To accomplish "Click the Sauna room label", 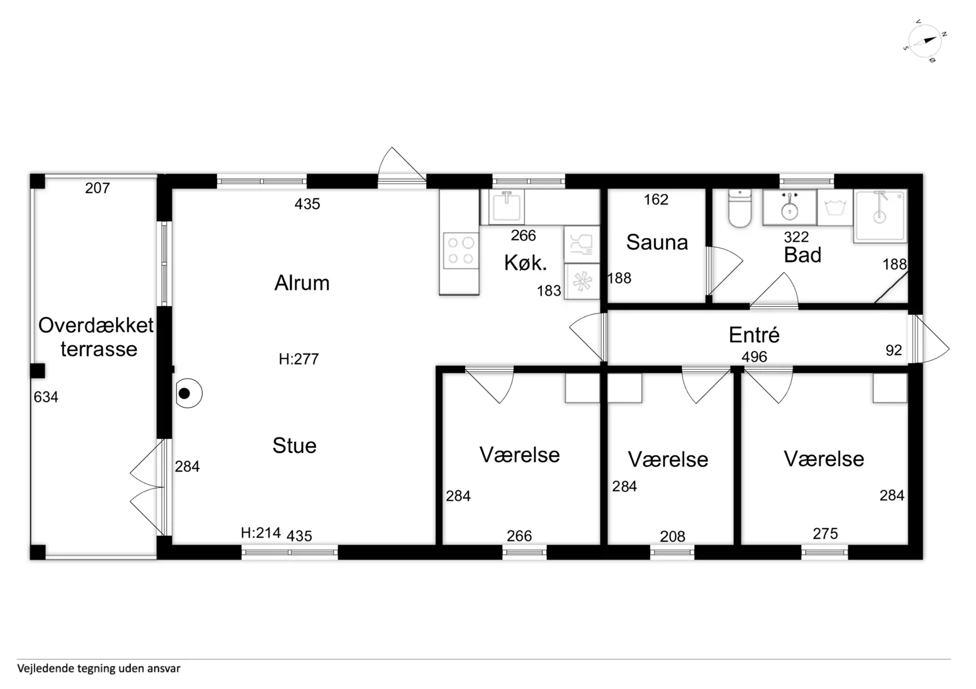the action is (657, 242).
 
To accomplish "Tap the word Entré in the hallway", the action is (754, 335).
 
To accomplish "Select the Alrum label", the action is (302, 283).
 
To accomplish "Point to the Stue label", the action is (294, 445).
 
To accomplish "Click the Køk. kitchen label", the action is (526, 263).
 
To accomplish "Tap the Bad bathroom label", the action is (803, 255).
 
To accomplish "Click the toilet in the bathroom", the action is (740, 208).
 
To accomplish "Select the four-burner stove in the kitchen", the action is (461, 250).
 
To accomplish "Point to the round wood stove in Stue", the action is (189, 393).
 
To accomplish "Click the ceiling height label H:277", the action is (298, 359).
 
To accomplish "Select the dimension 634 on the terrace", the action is (46, 397).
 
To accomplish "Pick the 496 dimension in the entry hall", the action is (754, 357).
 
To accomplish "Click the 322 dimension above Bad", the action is (796, 237).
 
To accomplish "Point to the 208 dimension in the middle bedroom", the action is (673, 536).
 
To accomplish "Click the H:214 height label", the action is (261, 533).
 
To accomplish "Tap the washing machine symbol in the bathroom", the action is (835, 208).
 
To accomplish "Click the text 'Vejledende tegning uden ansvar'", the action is (99, 668).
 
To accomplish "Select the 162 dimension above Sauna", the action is (656, 200).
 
